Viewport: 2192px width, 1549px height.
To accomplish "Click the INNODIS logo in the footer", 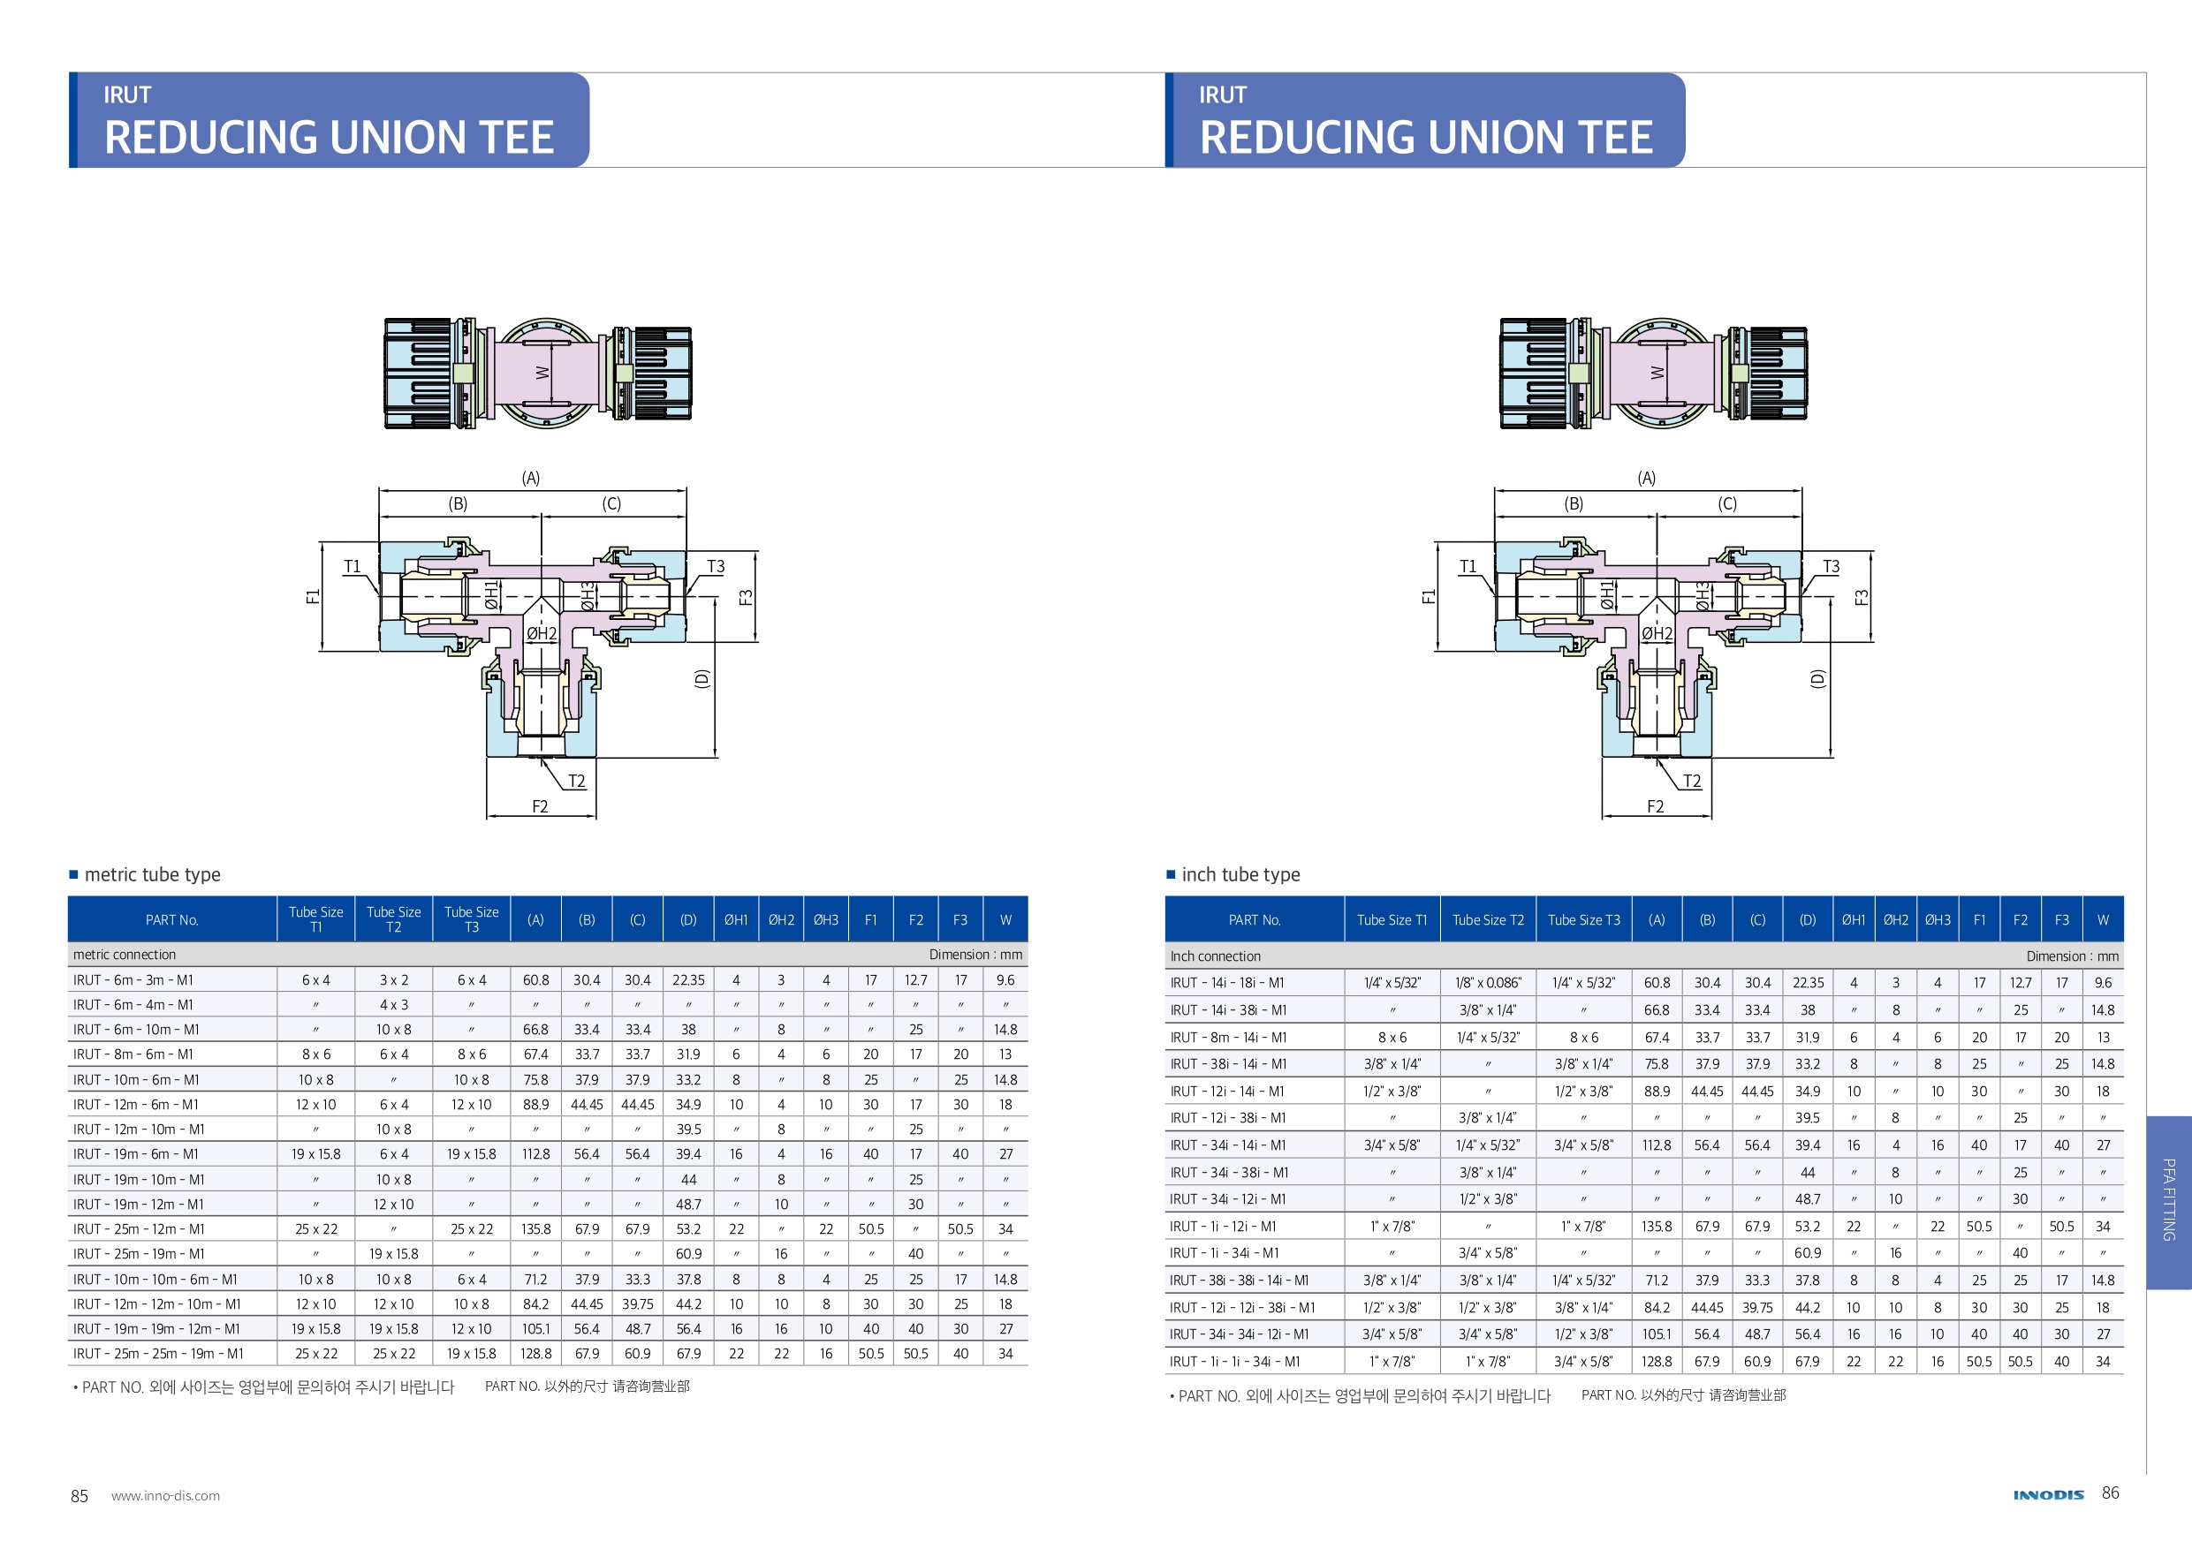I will pos(2048,1494).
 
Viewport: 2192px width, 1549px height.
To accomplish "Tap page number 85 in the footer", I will pos(80,1495).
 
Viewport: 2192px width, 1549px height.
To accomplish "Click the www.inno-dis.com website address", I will pos(165,1495).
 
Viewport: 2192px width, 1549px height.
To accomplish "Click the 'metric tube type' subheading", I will pos(152,874).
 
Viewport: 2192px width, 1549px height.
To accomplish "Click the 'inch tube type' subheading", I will pos(1240,874).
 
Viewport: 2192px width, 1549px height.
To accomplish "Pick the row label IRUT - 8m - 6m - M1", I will pos(133,1054).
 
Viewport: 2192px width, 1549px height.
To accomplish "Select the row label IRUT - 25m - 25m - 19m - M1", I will pos(157,1353).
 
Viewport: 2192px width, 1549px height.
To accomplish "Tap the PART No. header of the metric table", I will pos(172,920).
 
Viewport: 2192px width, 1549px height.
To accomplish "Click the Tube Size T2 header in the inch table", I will pos(1488,920).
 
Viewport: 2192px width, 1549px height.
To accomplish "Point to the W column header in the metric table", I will pos(1005,920).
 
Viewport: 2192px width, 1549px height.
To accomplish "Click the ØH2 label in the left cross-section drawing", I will pos(542,633).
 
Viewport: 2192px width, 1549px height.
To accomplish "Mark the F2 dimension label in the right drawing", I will pos(1655,806).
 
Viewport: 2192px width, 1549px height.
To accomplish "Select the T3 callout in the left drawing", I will pos(715,566).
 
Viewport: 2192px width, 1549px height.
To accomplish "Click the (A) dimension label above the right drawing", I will pos(1646,477).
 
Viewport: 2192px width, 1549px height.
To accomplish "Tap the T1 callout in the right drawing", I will pos(1468,566).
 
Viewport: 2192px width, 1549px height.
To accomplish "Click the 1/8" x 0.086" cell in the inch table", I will pos(1488,982).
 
